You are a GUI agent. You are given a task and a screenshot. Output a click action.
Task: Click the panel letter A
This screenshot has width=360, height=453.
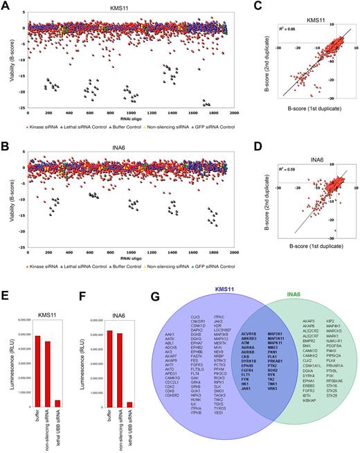click(5, 5)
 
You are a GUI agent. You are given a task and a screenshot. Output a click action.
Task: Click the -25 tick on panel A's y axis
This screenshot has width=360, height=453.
click(20, 109)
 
